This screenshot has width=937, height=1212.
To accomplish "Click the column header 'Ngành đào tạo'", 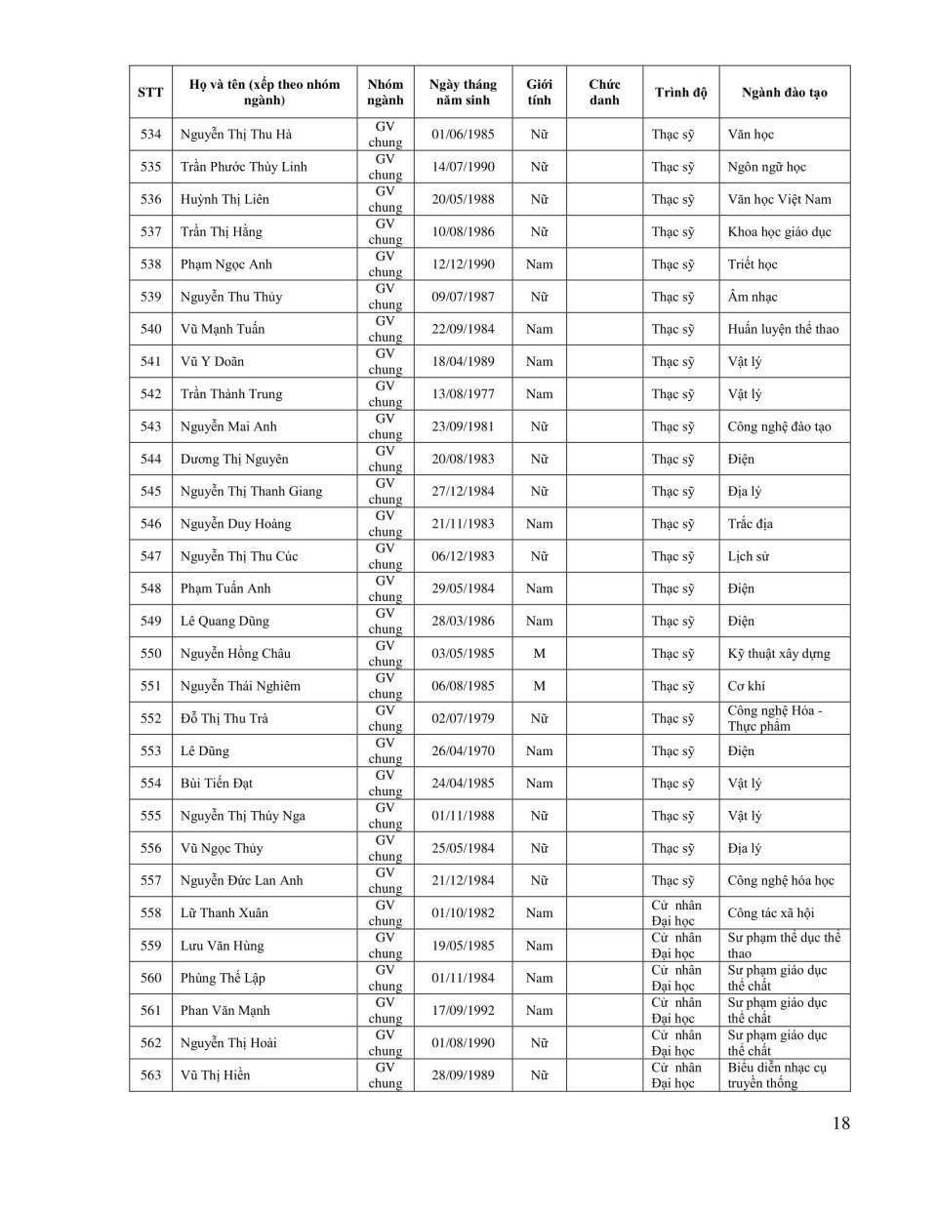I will click(784, 93).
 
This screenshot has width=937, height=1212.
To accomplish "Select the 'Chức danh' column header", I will click(604, 93).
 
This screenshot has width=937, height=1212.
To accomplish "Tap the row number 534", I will click(150, 135).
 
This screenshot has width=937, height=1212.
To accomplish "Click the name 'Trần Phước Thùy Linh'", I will click(243, 167).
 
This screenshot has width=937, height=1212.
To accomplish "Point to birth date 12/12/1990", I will click(463, 264).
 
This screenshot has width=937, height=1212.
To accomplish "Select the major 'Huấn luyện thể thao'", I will click(783, 329).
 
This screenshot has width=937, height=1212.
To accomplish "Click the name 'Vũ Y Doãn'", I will click(212, 361).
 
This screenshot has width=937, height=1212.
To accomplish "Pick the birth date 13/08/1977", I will click(463, 394).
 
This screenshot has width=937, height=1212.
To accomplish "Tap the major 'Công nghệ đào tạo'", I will click(779, 426).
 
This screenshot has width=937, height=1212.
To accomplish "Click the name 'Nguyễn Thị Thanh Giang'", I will click(251, 491).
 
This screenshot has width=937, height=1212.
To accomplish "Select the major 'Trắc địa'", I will click(750, 524).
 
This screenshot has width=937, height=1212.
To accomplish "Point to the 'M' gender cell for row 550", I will click(539, 654).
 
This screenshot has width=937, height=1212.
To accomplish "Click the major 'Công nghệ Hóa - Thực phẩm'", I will click(775, 718).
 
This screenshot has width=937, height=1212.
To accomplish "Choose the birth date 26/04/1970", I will click(463, 751).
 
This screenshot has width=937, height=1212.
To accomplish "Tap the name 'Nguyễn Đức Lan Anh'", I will click(241, 880).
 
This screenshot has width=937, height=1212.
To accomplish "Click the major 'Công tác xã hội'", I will click(770, 913).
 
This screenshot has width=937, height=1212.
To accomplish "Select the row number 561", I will click(150, 1011).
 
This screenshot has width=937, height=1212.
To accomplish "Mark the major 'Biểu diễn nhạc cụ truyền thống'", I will click(777, 1075).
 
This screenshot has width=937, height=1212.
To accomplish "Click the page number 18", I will click(840, 1123).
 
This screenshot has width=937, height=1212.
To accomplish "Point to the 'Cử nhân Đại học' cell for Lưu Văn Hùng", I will click(675, 946).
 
